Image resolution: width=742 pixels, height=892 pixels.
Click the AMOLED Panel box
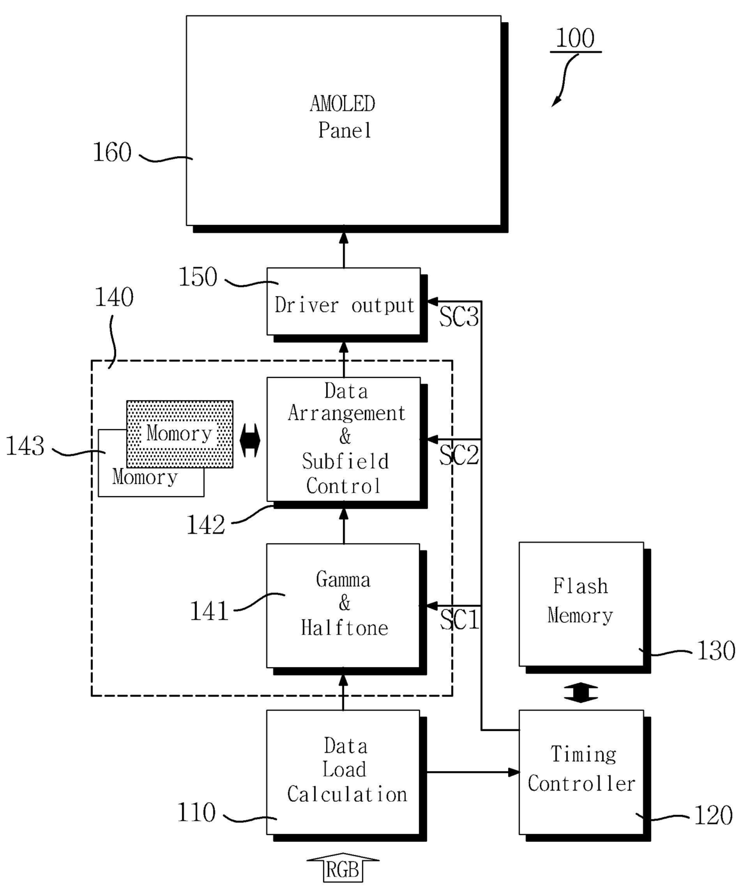(343, 120)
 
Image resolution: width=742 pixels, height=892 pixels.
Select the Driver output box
(343, 302)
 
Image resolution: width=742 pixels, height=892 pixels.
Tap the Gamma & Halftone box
(343, 605)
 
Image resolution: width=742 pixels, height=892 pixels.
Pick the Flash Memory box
(581, 604)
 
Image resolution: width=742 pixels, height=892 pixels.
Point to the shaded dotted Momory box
(180, 434)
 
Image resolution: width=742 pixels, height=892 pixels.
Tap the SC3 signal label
(459, 318)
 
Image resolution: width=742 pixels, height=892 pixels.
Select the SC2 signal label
(459, 455)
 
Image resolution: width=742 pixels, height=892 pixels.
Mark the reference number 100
(575, 38)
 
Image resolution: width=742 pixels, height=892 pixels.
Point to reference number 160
(112, 152)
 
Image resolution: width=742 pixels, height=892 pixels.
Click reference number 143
(25, 446)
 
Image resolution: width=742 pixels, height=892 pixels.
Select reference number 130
(716, 651)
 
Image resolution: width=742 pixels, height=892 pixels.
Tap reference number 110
(197, 812)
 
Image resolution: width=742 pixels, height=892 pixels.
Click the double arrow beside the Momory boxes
(250, 440)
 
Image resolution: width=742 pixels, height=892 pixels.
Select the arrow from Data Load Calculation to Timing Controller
(473, 772)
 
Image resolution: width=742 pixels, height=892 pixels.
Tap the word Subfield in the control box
(345, 461)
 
